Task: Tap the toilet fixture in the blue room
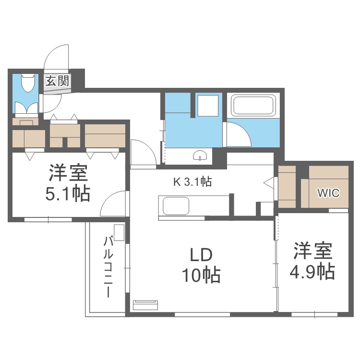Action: tap(28, 84)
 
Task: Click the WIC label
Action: tap(328, 193)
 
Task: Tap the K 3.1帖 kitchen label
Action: tap(192, 181)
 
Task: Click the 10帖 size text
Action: tap(200, 276)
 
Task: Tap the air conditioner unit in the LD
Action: tap(145, 305)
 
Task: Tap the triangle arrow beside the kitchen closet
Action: tap(268, 183)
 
